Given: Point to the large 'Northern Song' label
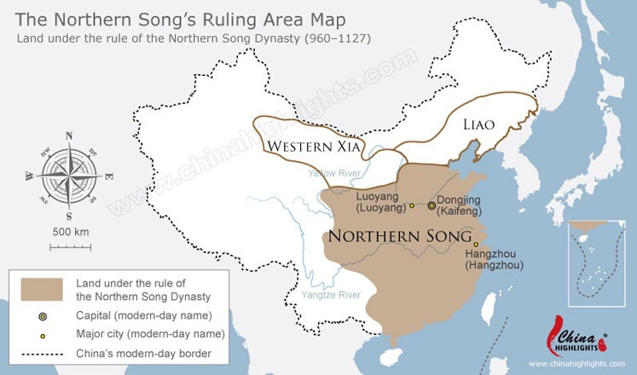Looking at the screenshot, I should [x=400, y=236].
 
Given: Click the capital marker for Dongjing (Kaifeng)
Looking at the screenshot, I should [x=432, y=205].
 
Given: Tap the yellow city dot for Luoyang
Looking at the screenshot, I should [x=411, y=205].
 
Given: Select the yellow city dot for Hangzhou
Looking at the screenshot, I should [x=476, y=245].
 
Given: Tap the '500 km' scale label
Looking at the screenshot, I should [x=71, y=232].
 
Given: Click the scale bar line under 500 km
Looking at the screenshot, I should [x=71, y=247].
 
